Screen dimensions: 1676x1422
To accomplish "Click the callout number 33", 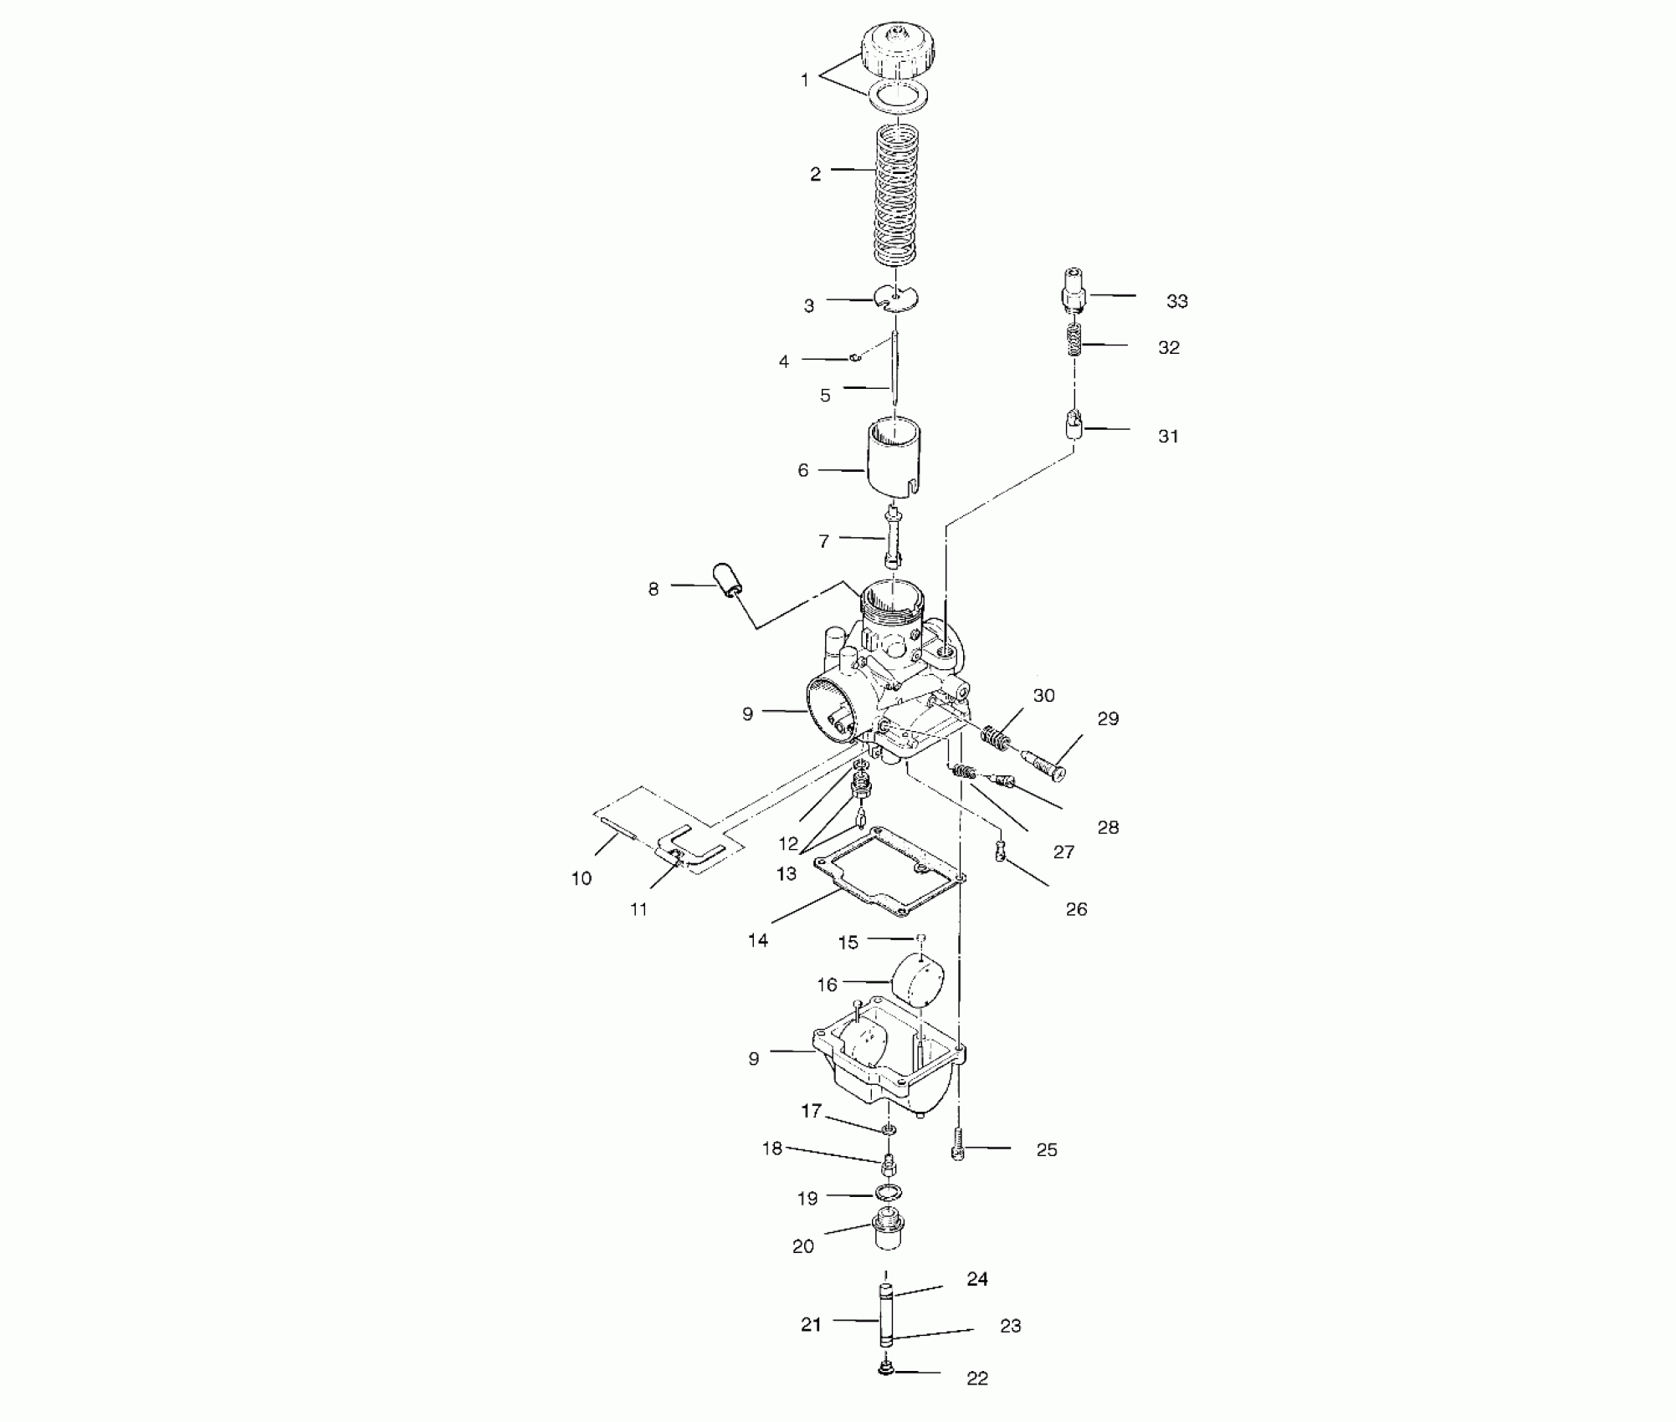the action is (x=1176, y=302).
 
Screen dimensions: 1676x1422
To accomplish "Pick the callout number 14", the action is (x=758, y=940).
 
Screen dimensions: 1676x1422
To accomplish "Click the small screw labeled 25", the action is (x=959, y=1142).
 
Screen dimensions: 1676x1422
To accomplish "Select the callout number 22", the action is (x=977, y=1379).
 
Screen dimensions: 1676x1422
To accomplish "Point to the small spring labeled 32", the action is (x=1074, y=340).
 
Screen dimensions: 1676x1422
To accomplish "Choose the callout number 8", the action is (x=653, y=589).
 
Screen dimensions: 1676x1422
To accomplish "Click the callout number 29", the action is (x=1108, y=719).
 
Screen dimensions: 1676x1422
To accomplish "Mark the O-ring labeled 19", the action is (x=889, y=1191).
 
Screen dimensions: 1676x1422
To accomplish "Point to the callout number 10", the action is (x=582, y=878).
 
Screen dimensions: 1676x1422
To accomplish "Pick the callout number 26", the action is (x=1076, y=909).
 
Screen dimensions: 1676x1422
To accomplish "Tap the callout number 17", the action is (x=811, y=1111).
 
